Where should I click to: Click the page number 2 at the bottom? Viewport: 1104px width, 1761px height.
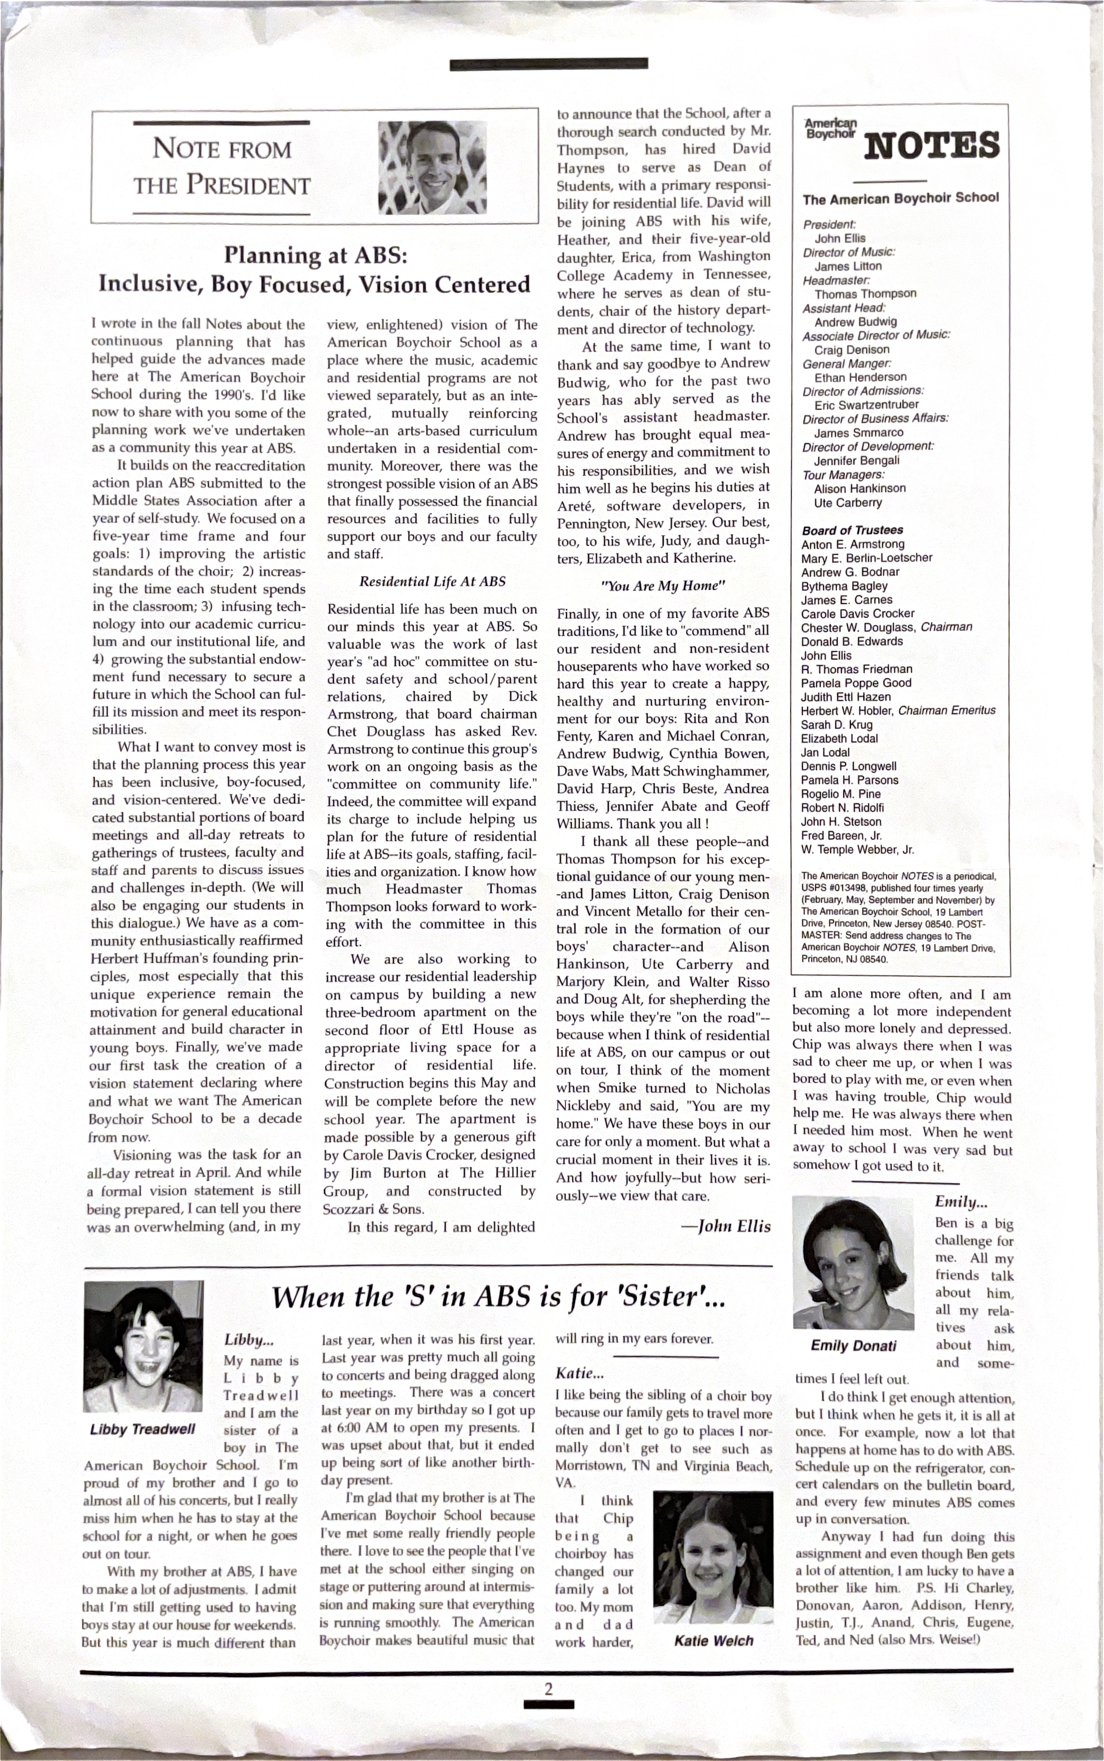coord(548,1687)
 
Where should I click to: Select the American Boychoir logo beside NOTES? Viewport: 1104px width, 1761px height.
coord(830,129)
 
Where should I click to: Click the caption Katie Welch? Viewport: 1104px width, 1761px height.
coord(713,1640)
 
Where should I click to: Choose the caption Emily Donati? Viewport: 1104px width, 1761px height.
coord(853,1345)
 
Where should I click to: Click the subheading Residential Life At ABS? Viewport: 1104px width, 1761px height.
coord(432,581)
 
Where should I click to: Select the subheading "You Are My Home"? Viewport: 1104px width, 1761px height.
coord(662,585)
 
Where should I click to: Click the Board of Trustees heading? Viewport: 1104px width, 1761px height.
coord(852,530)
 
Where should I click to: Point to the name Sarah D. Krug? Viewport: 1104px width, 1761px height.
coord(837,724)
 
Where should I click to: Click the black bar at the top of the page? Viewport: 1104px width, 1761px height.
coord(548,64)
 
